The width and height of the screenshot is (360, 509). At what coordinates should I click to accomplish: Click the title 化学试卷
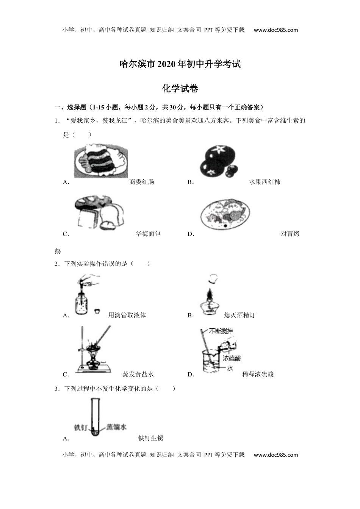click(x=180, y=89)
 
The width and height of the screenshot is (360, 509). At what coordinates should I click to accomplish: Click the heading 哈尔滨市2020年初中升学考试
click(x=180, y=64)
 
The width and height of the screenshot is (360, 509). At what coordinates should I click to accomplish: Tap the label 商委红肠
click(x=142, y=182)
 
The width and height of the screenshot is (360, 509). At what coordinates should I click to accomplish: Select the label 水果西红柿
click(x=265, y=182)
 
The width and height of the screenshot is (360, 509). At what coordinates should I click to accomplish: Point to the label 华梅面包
click(x=148, y=234)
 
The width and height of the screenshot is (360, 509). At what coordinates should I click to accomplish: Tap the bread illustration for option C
click(x=99, y=214)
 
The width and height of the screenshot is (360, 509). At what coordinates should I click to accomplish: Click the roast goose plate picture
click(x=225, y=214)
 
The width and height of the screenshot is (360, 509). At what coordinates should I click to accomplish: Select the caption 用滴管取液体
click(x=127, y=315)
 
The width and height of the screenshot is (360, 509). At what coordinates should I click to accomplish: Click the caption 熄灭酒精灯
click(x=239, y=315)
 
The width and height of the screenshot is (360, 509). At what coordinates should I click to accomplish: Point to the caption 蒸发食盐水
click(x=138, y=374)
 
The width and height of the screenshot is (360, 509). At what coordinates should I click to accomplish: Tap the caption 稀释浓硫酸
click(x=258, y=374)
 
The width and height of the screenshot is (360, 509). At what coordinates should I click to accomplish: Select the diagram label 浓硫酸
click(x=232, y=358)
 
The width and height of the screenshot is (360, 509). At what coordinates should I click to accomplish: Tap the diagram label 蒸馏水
click(x=116, y=427)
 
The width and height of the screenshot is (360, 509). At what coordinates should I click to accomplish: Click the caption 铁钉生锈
click(x=150, y=438)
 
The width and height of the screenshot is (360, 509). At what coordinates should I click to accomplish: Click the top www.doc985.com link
click(x=276, y=30)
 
